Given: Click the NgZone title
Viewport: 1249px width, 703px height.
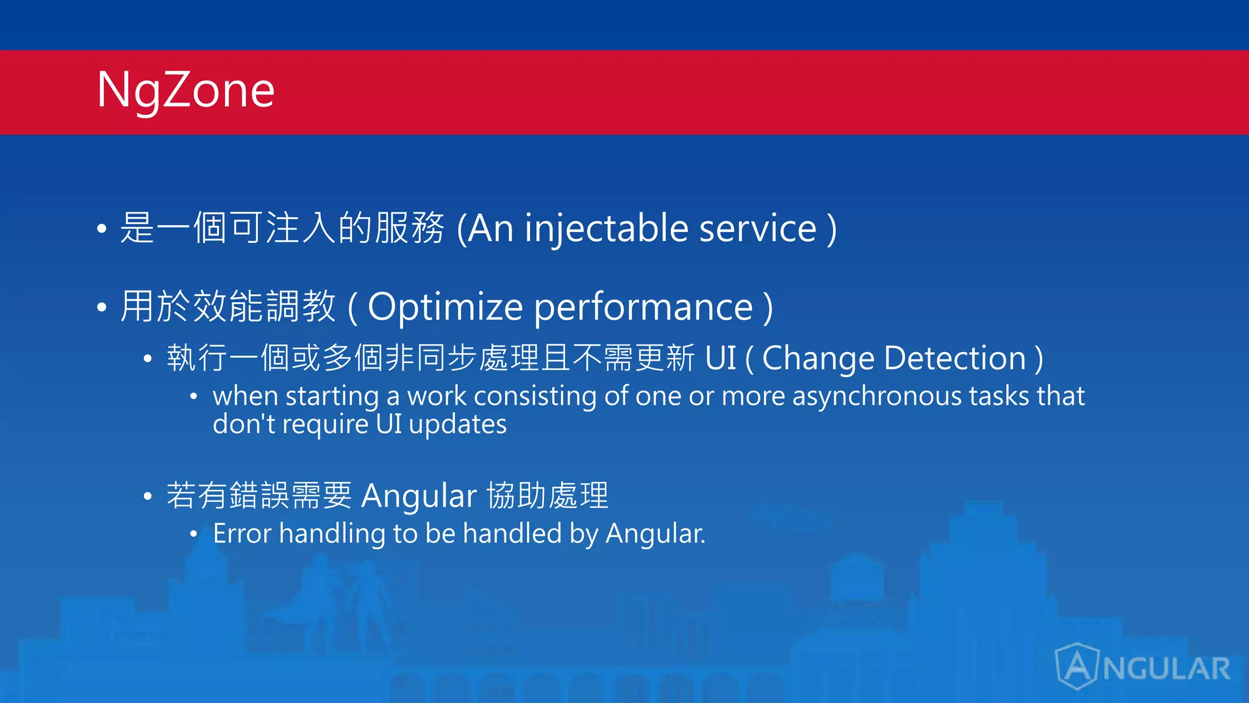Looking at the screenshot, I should click(186, 90).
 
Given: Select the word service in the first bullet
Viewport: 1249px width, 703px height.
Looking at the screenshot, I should click(757, 229).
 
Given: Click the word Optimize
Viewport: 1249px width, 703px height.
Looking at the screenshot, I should click(445, 307).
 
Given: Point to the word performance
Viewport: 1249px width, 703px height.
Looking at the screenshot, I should click(643, 307).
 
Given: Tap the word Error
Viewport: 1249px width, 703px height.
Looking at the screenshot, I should click(242, 534).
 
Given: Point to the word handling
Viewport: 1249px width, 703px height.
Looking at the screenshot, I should click(332, 534).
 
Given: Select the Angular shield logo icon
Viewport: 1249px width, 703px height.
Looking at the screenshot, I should click(1077, 666).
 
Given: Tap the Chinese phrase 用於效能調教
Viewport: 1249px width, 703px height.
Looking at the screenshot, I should click(228, 307).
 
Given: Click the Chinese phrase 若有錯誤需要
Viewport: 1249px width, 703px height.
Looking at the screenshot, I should click(259, 496).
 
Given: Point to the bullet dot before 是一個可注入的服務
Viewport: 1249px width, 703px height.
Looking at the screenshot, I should click(102, 229).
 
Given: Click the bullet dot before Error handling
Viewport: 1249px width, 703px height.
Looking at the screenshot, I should click(193, 535).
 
